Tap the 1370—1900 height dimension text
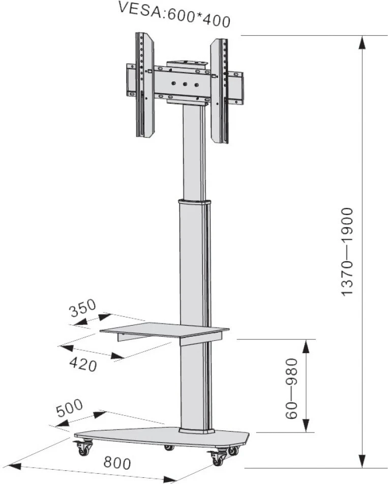348,251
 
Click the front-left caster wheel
82,449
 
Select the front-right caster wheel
218,458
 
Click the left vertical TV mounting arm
145,85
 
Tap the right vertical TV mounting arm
219,91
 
